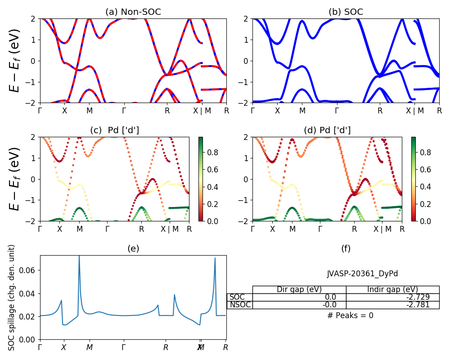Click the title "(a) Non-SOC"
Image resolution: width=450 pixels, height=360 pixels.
pyautogui.click(x=133, y=12)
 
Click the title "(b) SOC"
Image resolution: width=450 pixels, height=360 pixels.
pyautogui.click(x=346, y=12)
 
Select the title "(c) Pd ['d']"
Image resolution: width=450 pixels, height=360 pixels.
pyautogui.click(x=115, y=130)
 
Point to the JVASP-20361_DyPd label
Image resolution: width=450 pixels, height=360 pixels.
pyautogui.click(x=362, y=274)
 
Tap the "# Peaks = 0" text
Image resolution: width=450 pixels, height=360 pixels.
pyautogui.click(x=350, y=315)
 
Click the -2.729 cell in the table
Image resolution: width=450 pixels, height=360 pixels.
pyautogui.click(x=392, y=297)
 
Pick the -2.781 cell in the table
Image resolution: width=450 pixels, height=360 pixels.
pyautogui.click(x=392, y=305)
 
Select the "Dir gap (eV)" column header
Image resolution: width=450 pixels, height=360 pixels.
pyautogui.click(x=299, y=289)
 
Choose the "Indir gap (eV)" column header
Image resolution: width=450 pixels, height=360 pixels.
pyautogui.click(x=392, y=289)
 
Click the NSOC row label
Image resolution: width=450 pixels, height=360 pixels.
pyautogui.click(x=239, y=305)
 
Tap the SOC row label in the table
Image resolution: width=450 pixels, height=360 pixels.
pyautogui.click(x=237, y=297)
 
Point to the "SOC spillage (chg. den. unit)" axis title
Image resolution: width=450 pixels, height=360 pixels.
pyautogui.click(x=12, y=297)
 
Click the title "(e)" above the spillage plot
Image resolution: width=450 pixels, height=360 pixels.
pyautogui.click(x=133, y=248)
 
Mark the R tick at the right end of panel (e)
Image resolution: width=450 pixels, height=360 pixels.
pyautogui.click(x=225, y=347)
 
